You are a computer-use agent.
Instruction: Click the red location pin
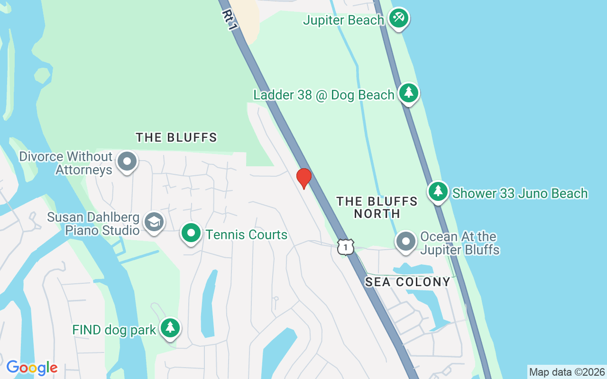coord(303,178)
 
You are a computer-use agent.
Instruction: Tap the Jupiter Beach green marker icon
coord(399,18)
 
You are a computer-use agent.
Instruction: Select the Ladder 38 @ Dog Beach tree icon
coord(408,93)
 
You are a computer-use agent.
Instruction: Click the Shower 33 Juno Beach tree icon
coord(438,191)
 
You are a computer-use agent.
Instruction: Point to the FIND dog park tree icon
coord(170,328)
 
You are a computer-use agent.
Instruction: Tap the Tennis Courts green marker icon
coord(191,233)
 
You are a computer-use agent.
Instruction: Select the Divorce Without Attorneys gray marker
coord(127,162)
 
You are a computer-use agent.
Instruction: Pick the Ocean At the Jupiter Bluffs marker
coord(405,242)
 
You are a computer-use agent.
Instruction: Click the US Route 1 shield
coord(346,246)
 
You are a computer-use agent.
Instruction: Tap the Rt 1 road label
coord(229,20)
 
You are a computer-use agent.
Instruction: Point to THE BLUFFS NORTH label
coord(377,208)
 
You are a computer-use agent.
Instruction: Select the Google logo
coord(32,367)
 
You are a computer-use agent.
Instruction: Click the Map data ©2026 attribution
coord(567,372)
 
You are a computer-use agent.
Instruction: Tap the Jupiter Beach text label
coord(343,20)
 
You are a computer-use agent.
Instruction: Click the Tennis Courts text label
coord(247,235)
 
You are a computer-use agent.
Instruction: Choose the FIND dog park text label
coord(114,330)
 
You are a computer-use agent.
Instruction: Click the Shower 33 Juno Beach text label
coord(520,193)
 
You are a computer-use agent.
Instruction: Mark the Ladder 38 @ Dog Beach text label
coord(324,95)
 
